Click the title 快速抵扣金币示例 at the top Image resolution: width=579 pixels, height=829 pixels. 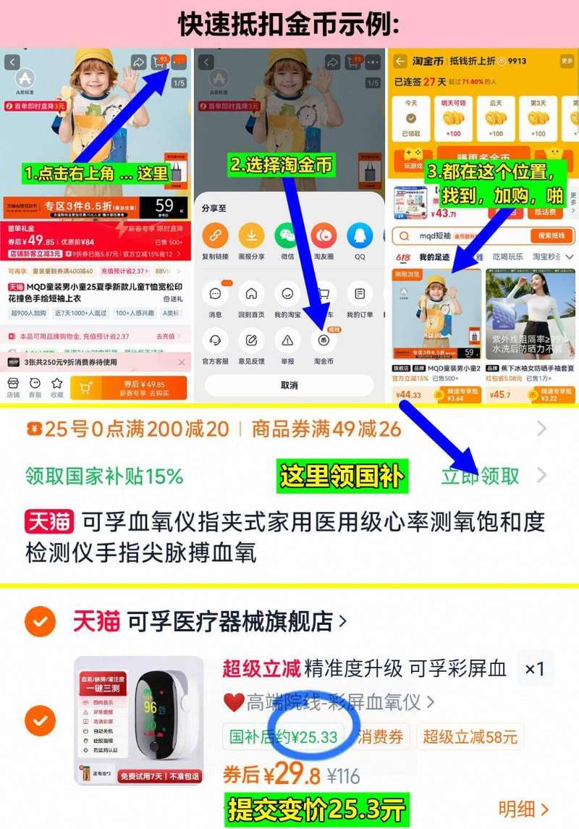[289, 24]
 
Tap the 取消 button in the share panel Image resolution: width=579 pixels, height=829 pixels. [289, 385]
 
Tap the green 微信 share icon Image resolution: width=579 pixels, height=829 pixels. [287, 237]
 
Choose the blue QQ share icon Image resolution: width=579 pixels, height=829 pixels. [360, 237]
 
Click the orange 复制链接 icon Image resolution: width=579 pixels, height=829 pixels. [215, 237]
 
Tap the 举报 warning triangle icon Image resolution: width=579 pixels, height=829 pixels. [287, 341]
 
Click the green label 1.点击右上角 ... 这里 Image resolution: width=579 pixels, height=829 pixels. [96, 174]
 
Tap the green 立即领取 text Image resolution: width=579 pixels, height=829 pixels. [481, 476]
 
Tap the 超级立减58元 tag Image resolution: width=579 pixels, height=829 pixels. [470, 737]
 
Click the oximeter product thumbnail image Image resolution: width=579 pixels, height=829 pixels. [139, 720]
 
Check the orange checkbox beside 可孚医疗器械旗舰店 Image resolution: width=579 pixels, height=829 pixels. [40, 620]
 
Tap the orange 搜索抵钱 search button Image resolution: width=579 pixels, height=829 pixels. [552, 236]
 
